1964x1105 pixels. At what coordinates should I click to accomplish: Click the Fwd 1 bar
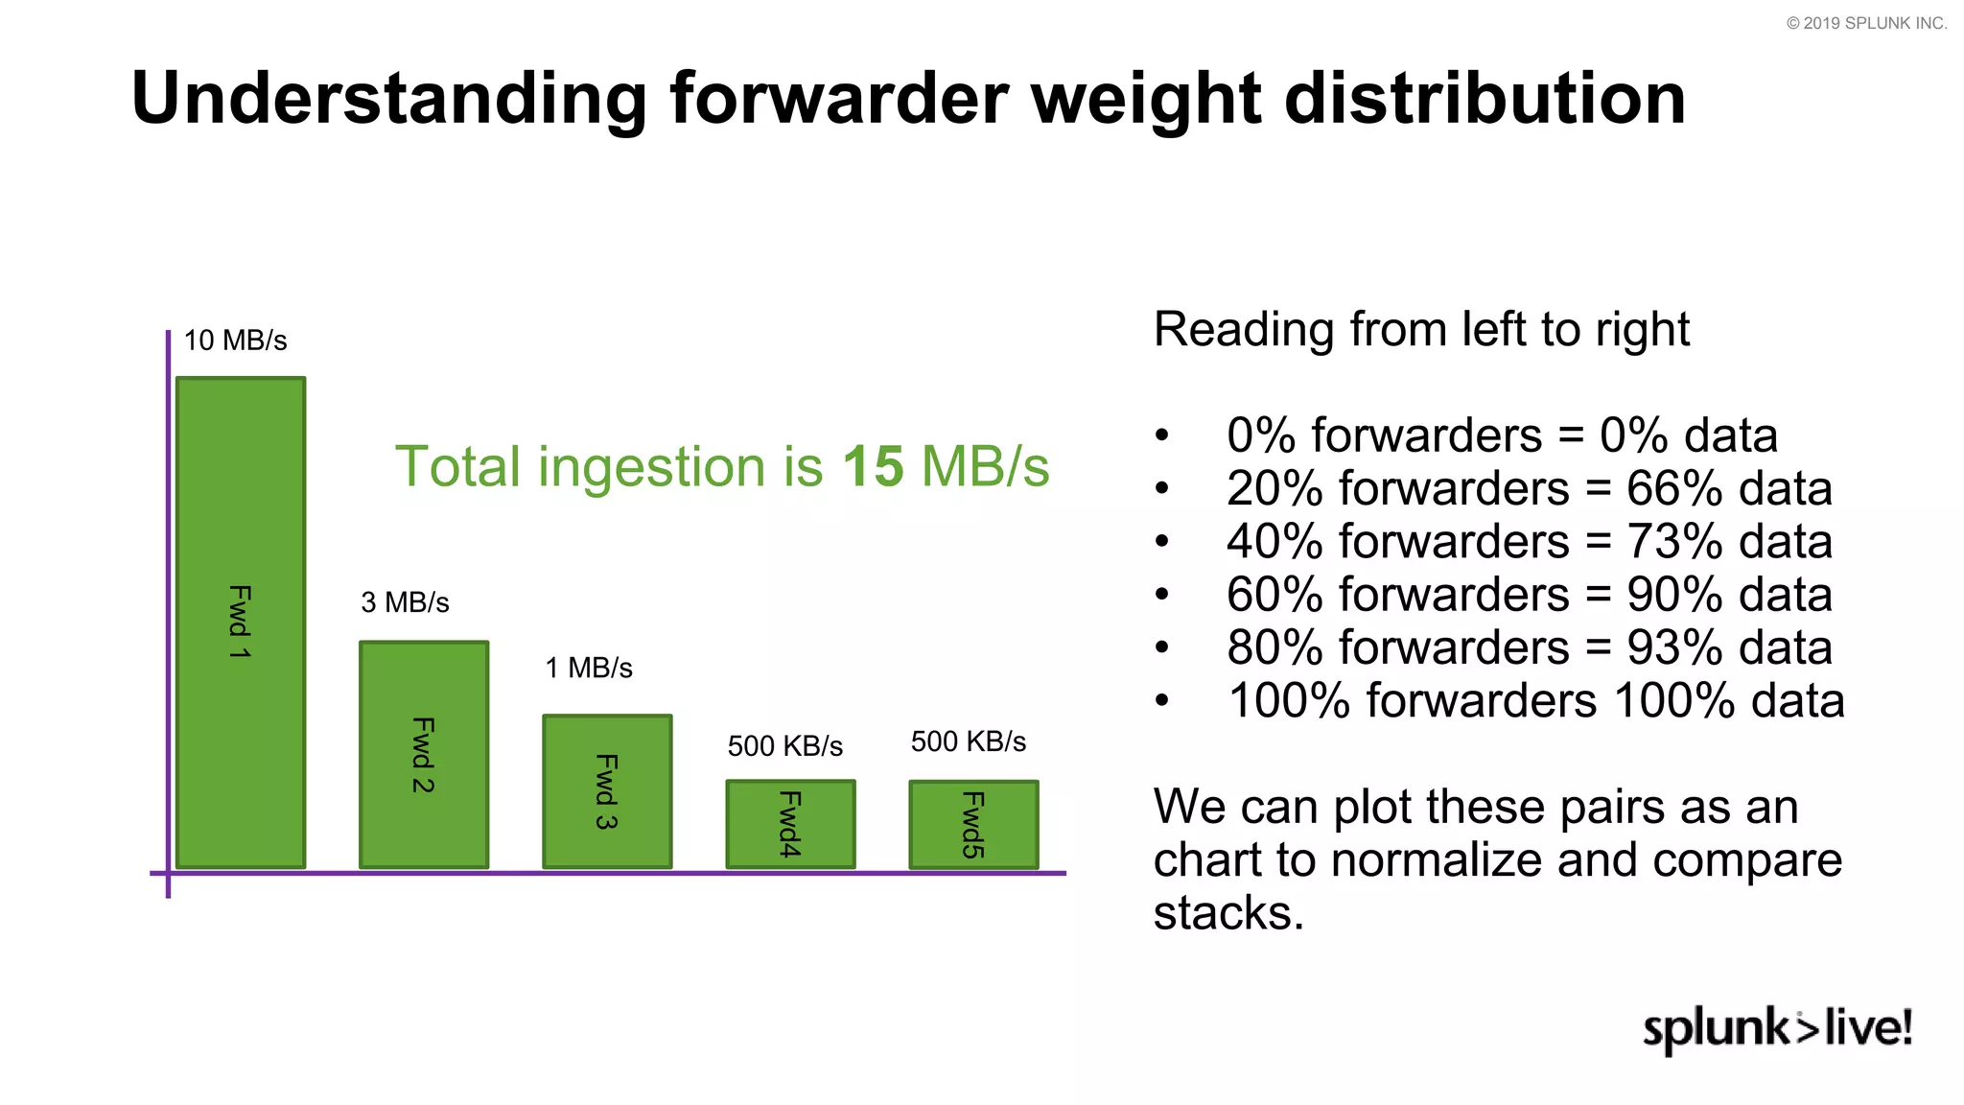click(241, 622)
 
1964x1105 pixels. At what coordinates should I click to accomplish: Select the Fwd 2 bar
click(424, 754)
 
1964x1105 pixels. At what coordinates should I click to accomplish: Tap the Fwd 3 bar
click(607, 790)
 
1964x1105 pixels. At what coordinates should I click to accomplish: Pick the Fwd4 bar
click(790, 824)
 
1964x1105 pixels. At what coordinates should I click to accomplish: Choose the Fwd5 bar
click(973, 824)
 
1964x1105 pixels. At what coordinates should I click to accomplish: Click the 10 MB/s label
click(235, 341)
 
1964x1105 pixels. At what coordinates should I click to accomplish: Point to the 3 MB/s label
click(405, 602)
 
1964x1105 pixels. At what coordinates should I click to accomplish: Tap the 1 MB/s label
click(589, 668)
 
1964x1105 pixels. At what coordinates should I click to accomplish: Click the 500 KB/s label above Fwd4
click(784, 746)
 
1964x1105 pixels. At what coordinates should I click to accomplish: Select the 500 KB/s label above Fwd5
click(968, 741)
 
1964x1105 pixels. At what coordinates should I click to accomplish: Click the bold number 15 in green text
click(873, 467)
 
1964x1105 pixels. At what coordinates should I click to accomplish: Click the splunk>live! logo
click(1777, 1028)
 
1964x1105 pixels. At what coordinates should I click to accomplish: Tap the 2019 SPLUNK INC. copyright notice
click(1866, 23)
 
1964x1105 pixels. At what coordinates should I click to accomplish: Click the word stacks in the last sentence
click(1227, 912)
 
